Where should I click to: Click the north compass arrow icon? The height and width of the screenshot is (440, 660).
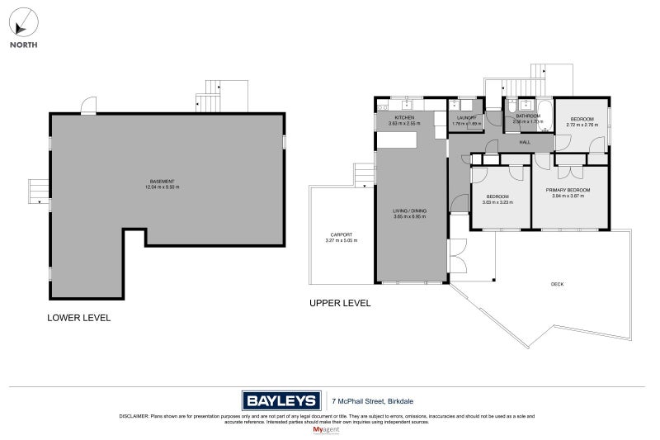22,21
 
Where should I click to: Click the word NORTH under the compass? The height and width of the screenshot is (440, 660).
22,45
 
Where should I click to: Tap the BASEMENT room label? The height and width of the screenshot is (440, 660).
162,182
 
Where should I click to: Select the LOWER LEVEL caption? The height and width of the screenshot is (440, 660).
78,318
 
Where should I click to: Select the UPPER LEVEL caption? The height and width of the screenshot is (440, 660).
339,303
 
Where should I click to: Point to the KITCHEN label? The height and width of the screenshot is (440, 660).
404,118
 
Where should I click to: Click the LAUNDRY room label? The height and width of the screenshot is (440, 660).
467,118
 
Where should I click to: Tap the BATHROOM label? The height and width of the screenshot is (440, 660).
528,116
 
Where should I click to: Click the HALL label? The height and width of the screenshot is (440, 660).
525,142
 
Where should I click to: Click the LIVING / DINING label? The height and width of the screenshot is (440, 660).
408,211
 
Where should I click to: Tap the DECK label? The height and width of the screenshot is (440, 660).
558,285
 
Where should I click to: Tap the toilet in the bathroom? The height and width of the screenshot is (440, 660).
511,106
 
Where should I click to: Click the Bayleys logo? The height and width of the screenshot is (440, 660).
280,401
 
